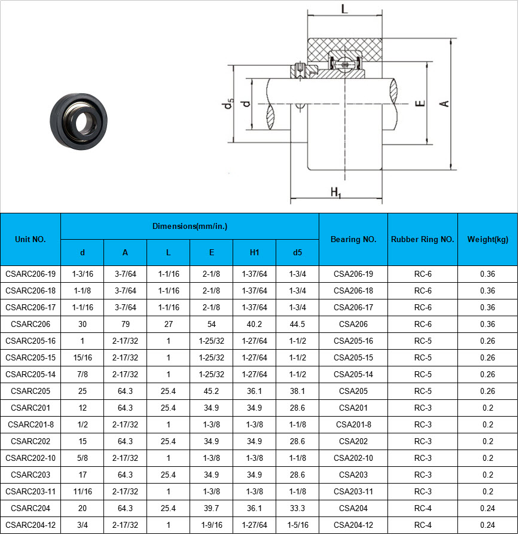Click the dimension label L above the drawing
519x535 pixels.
coord(344,9)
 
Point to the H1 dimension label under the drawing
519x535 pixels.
coord(335,192)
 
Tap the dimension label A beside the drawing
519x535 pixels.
coord(444,104)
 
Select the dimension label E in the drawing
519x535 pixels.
coord(420,103)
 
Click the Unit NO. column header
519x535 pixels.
coord(30,239)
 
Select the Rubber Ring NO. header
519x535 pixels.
coord(423,239)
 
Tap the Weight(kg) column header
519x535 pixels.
coord(488,239)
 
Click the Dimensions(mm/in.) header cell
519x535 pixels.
coord(190,226)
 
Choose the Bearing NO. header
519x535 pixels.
coord(353,239)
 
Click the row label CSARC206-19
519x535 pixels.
coord(30,274)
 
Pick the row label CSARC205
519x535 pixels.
coord(30,391)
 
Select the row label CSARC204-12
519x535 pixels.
coord(30,525)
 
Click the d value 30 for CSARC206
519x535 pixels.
coord(83,324)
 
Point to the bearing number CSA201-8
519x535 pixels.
coord(353,424)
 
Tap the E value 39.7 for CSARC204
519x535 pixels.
coord(212,508)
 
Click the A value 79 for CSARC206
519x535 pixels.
coord(126,324)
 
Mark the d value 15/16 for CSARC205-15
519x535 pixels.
coord(83,357)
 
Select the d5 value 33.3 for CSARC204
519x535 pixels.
coord(297,508)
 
